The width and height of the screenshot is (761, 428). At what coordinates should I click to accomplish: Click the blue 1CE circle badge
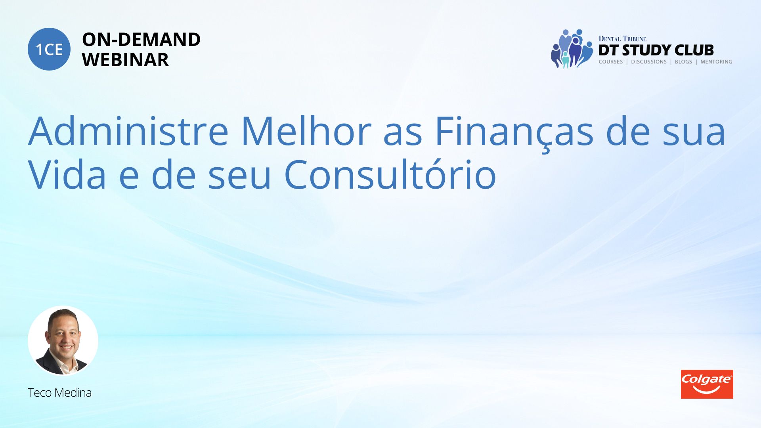[49, 49]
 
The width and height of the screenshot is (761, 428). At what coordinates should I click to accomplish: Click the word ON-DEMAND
[141, 40]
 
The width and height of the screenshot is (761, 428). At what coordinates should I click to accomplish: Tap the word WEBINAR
[125, 60]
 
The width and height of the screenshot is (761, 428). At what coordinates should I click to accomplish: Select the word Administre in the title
[128, 131]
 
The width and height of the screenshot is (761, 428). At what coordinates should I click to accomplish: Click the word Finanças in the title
[514, 133]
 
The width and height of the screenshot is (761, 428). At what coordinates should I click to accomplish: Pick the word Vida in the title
[67, 174]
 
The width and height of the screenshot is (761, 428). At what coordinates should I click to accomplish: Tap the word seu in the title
[239, 178]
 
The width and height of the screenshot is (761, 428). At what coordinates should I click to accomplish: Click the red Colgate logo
[707, 384]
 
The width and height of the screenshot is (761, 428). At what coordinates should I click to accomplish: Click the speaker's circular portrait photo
[63, 340]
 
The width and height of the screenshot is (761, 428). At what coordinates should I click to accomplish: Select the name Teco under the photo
[40, 393]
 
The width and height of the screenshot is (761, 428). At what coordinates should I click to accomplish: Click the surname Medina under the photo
[73, 393]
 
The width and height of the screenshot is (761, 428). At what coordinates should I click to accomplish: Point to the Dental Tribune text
[622, 39]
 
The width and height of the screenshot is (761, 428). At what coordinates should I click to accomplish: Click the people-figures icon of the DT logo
[572, 49]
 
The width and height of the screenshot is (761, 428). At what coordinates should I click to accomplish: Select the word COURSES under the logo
[611, 62]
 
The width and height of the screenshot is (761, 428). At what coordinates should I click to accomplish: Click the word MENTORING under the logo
[716, 62]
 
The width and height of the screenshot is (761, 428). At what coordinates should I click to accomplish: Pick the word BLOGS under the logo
[683, 62]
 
